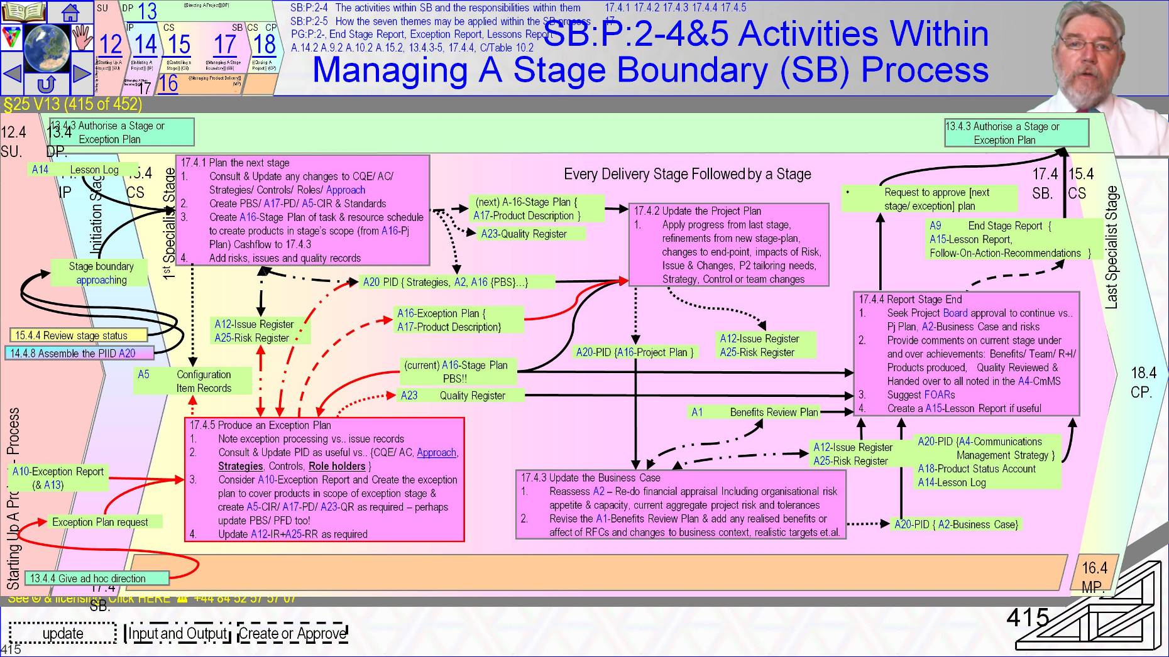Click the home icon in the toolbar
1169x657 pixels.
coord(70,11)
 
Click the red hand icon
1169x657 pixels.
coord(82,38)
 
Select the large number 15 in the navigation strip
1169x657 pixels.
coord(179,45)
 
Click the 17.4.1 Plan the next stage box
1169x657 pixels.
coord(302,210)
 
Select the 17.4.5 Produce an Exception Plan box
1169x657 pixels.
coord(324,479)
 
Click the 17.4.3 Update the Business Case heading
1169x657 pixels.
coord(590,478)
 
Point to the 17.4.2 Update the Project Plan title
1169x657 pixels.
coord(697,211)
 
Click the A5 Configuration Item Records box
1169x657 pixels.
coord(192,381)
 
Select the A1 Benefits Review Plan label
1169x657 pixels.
coord(754,412)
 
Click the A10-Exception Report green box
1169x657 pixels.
coord(58,478)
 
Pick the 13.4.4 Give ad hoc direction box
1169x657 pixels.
coord(97,578)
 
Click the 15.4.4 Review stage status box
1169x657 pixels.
coord(79,335)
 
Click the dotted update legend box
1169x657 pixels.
coord(63,633)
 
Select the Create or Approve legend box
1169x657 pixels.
coord(293,633)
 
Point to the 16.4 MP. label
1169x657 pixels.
coord(1094,577)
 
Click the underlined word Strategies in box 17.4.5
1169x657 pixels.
coord(240,466)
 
